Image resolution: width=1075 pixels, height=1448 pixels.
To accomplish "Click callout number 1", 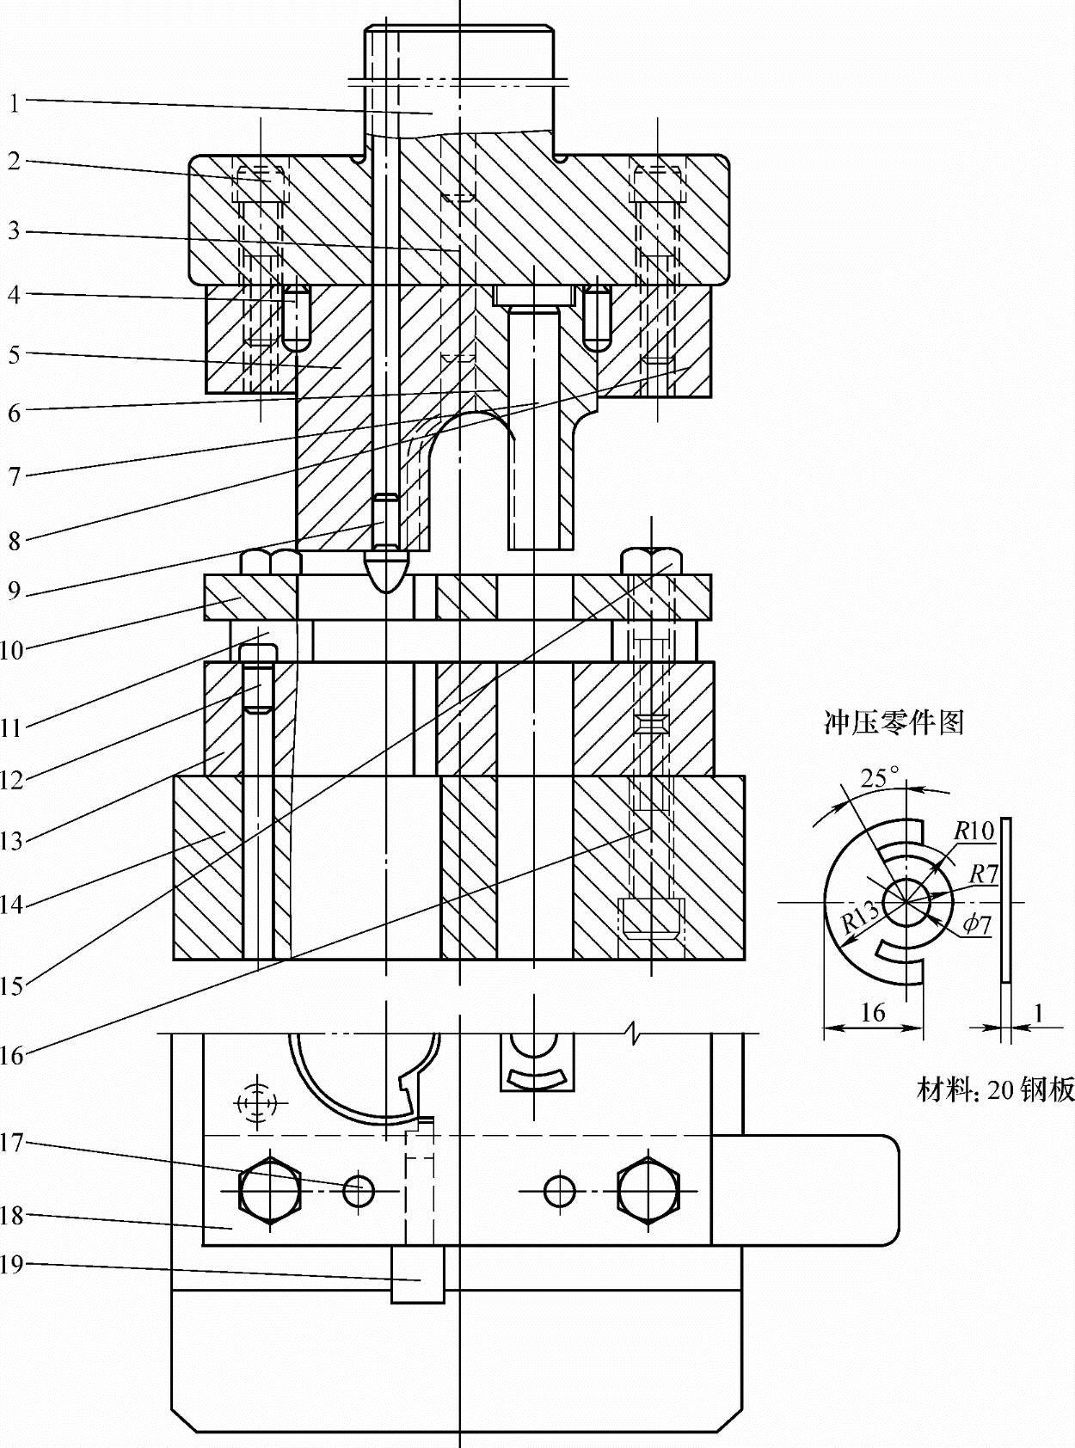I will click(14, 103).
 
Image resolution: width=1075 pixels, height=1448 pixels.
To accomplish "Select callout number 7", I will click(14, 476).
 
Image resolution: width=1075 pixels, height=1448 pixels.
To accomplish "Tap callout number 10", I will click(12, 649).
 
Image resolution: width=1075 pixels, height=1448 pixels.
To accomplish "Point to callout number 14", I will click(12, 905).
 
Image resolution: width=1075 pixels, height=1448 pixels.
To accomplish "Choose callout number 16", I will click(12, 1055).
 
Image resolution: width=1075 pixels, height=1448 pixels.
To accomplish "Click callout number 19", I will click(12, 1264).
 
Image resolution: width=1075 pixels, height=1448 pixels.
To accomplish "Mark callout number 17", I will click(12, 1144).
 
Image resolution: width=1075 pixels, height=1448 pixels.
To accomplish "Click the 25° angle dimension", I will click(880, 778).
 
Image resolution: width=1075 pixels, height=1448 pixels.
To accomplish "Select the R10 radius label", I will click(974, 831).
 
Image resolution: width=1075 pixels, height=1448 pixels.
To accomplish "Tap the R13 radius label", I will click(860, 917).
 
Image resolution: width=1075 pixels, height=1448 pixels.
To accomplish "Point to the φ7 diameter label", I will click(978, 925).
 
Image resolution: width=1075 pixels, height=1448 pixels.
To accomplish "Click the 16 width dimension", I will click(873, 1013).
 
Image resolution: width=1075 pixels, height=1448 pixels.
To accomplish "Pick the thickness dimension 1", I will click(1038, 1013).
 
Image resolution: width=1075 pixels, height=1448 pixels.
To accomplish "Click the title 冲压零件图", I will click(894, 722).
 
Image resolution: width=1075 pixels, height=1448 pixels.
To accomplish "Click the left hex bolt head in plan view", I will click(270, 1192).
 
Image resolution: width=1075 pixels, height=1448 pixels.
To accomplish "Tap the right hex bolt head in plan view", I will click(649, 1192).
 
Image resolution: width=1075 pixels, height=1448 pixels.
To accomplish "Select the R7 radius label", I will click(984, 874).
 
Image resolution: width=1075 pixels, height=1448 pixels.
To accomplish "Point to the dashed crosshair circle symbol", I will click(255, 1102).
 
